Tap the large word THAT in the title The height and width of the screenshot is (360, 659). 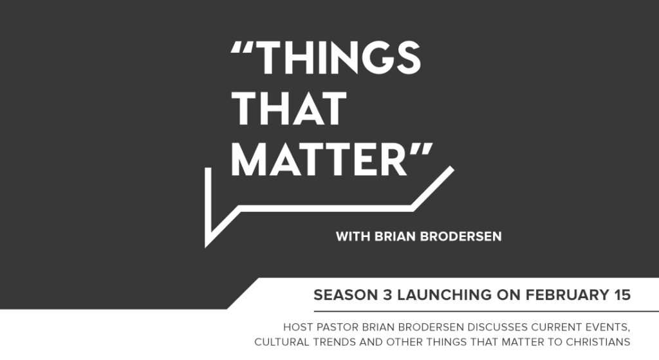(x=289, y=109)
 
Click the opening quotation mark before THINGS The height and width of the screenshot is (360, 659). (x=241, y=49)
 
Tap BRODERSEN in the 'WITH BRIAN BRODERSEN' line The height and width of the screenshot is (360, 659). (x=461, y=236)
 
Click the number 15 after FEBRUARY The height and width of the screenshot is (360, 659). (x=620, y=295)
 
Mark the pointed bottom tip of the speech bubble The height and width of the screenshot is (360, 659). (x=206, y=247)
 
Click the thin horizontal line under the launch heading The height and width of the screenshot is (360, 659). (x=487, y=312)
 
